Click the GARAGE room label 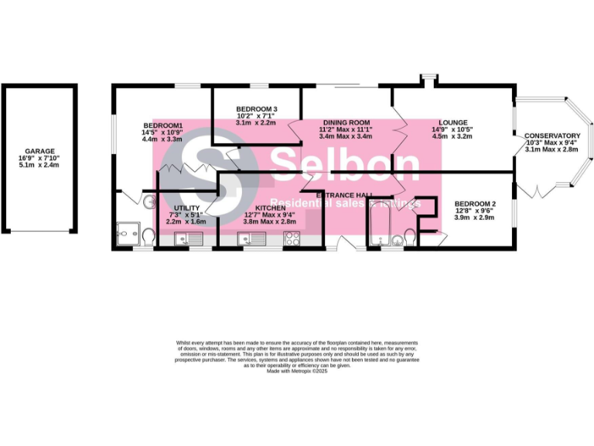click(x=39, y=152)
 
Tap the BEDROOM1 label click(x=162, y=126)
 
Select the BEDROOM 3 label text click(x=257, y=109)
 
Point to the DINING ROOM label click(x=346, y=123)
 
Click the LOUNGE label click(x=452, y=122)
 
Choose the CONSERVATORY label click(x=552, y=136)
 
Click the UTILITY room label click(x=187, y=208)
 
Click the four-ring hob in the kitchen click(x=292, y=239)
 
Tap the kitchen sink click(x=251, y=239)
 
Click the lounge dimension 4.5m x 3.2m click(x=452, y=136)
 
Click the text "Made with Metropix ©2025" click(x=297, y=372)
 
